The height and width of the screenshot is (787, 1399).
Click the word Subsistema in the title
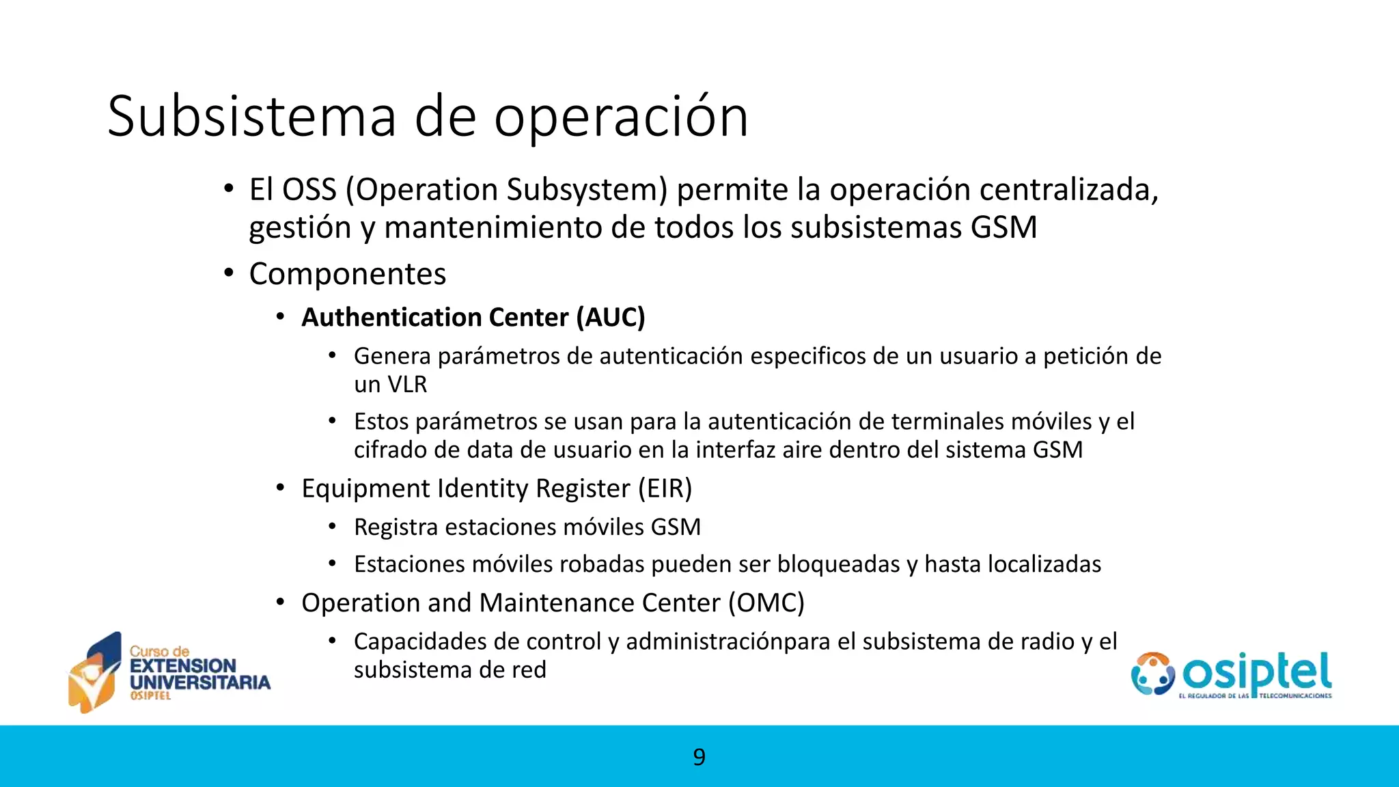251,116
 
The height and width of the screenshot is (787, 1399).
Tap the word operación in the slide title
621,118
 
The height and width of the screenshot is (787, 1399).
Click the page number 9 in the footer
699,757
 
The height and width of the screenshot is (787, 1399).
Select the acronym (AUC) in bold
610,318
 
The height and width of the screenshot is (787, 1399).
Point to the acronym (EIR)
665,489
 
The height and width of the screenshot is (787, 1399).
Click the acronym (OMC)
766,603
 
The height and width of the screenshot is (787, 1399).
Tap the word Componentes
347,275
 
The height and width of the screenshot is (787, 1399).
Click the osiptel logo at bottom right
1231,674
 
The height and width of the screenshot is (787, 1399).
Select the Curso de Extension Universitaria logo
169,673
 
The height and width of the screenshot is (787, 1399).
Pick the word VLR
406,385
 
